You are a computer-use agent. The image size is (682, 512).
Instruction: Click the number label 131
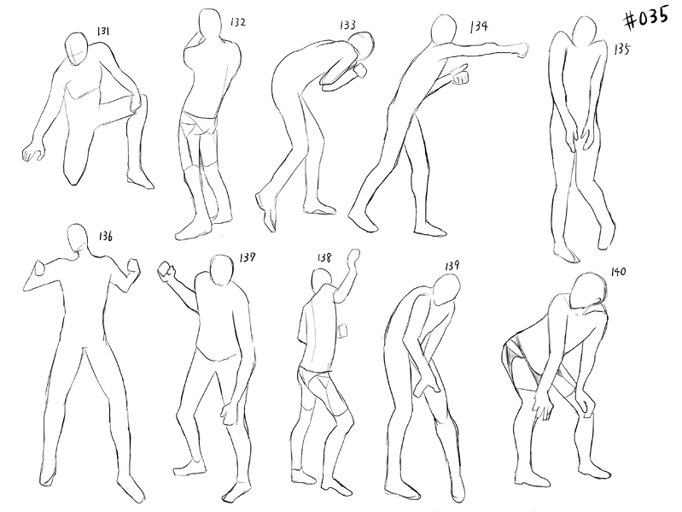[x=103, y=31]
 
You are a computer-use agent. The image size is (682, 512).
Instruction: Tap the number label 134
[x=479, y=26]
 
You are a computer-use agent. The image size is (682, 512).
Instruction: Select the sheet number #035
[x=646, y=18]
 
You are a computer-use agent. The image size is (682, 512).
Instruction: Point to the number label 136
[x=105, y=236]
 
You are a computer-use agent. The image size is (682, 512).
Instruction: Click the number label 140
[x=618, y=272]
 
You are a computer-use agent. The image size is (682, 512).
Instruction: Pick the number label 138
[x=324, y=258]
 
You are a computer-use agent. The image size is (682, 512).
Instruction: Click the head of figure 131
[x=78, y=49]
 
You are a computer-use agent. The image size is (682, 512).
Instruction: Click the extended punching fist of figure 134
[x=521, y=50]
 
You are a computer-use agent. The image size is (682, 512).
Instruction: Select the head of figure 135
[x=585, y=31]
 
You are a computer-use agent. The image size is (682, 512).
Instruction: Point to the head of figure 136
[x=78, y=238]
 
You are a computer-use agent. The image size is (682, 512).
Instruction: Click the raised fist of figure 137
[x=166, y=269]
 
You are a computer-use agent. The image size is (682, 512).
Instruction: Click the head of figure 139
[x=446, y=291]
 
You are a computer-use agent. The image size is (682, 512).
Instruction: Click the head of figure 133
[x=363, y=45]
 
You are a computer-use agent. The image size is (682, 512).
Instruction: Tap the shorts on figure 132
[x=200, y=124]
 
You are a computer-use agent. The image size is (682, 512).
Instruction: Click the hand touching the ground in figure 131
[x=33, y=150]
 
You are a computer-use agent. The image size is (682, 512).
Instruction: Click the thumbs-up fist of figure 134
[x=460, y=75]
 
